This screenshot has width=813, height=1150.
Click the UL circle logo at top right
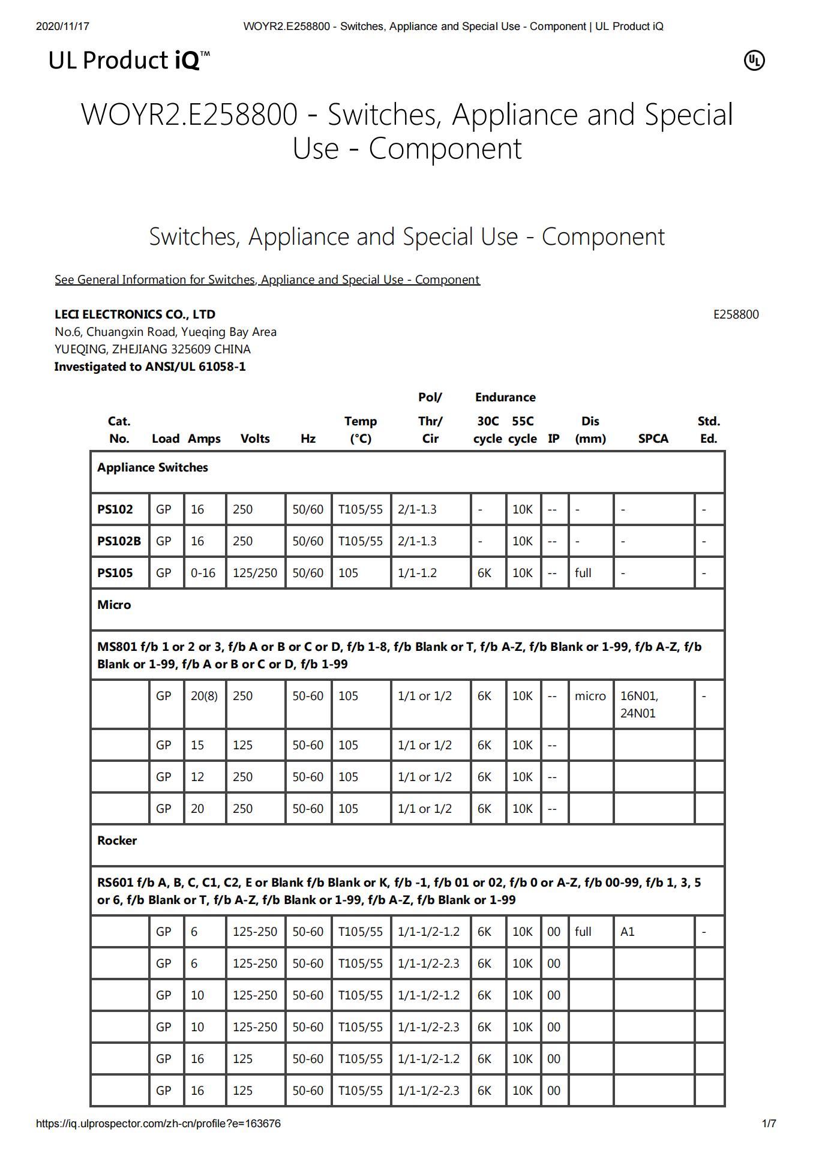(x=754, y=61)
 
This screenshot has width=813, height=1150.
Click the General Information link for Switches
(x=267, y=280)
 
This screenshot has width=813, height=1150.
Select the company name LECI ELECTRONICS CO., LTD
(x=135, y=314)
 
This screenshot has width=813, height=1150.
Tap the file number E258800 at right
(x=736, y=314)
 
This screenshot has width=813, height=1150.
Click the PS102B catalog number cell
(x=119, y=541)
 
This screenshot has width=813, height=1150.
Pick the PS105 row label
(x=115, y=573)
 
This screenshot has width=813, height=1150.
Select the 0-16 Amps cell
(x=203, y=573)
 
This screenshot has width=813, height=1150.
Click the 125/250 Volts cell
(x=255, y=573)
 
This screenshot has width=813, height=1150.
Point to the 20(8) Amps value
(x=204, y=696)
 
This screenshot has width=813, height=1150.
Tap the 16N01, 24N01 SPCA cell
(x=639, y=704)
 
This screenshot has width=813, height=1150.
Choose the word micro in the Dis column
(x=590, y=696)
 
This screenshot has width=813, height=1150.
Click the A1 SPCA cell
(x=628, y=932)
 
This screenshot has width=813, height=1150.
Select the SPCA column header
(x=653, y=439)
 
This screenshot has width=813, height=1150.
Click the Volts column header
(x=255, y=439)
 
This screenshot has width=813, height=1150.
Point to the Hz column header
(x=308, y=439)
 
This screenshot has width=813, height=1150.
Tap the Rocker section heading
(x=117, y=840)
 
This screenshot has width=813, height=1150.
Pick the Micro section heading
(x=114, y=605)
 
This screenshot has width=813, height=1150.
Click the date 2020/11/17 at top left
(x=62, y=26)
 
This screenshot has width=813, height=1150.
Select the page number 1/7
(x=769, y=1123)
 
